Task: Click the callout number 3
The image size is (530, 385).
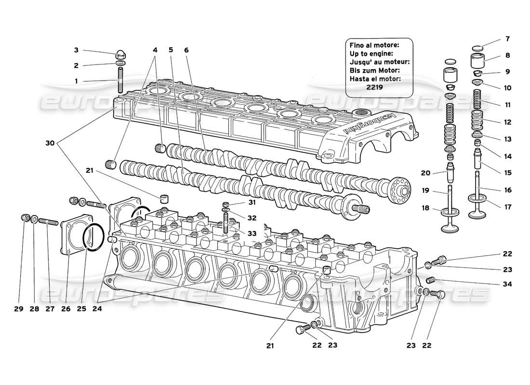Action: pyautogui.click(x=76, y=50)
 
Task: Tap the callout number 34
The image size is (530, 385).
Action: pyautogui.click(x=507, y=284)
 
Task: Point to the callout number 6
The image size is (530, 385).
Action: pyautogui.click(x=186, y=50)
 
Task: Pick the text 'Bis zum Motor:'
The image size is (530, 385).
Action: pyautogui.click(x=373, y=70)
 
